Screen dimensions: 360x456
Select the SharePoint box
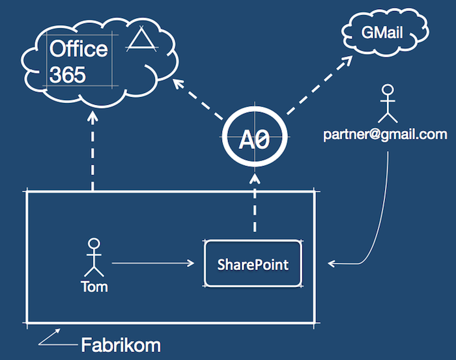pyautogui.click(x=253, y=264)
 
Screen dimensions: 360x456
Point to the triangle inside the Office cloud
pyautogui.click(x=141, y=39)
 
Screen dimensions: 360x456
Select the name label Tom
pyautogui.click(x=94, y=286)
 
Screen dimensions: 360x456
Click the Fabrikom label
pyautogui.click(x=121, y=345)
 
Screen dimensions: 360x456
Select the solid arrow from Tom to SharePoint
pyautogui.click(x=153, y=263)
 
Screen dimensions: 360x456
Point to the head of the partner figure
pyautogui.click(x=388, y=90)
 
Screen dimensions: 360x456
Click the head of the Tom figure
pyautogui.click(x=94, y=244)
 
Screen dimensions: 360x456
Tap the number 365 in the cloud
pyautogui.click(x=68, y=74)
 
